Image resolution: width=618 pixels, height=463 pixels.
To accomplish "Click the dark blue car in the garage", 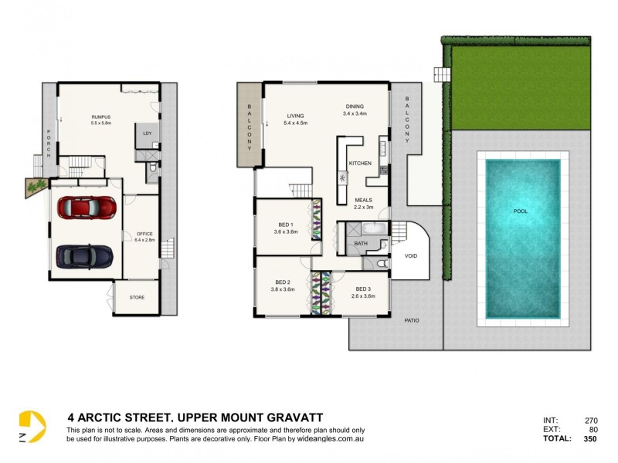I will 85,255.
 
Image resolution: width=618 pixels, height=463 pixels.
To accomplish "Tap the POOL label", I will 522,211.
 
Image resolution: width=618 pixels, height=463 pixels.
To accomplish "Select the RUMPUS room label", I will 101,117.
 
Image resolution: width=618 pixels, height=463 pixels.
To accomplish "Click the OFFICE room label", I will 144,234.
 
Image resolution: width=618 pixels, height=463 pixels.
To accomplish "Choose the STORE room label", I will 137,297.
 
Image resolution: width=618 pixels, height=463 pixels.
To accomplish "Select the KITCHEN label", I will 361,164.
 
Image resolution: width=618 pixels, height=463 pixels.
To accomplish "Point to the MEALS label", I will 363,200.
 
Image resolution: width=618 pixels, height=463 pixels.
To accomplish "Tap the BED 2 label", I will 283,282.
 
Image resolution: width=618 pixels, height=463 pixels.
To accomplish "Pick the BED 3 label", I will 362,289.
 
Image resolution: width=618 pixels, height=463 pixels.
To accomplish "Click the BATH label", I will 361,244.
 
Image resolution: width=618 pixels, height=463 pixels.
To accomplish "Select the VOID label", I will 411,255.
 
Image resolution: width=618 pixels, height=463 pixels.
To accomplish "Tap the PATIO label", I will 412,319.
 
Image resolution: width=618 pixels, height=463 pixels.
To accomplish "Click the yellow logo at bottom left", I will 32,427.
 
